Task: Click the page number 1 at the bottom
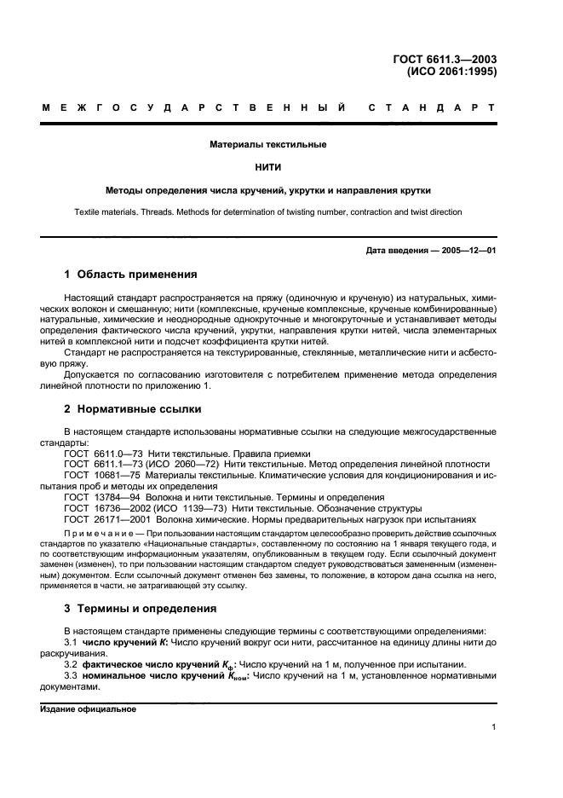pyautogui.click(x=493, y=727)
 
